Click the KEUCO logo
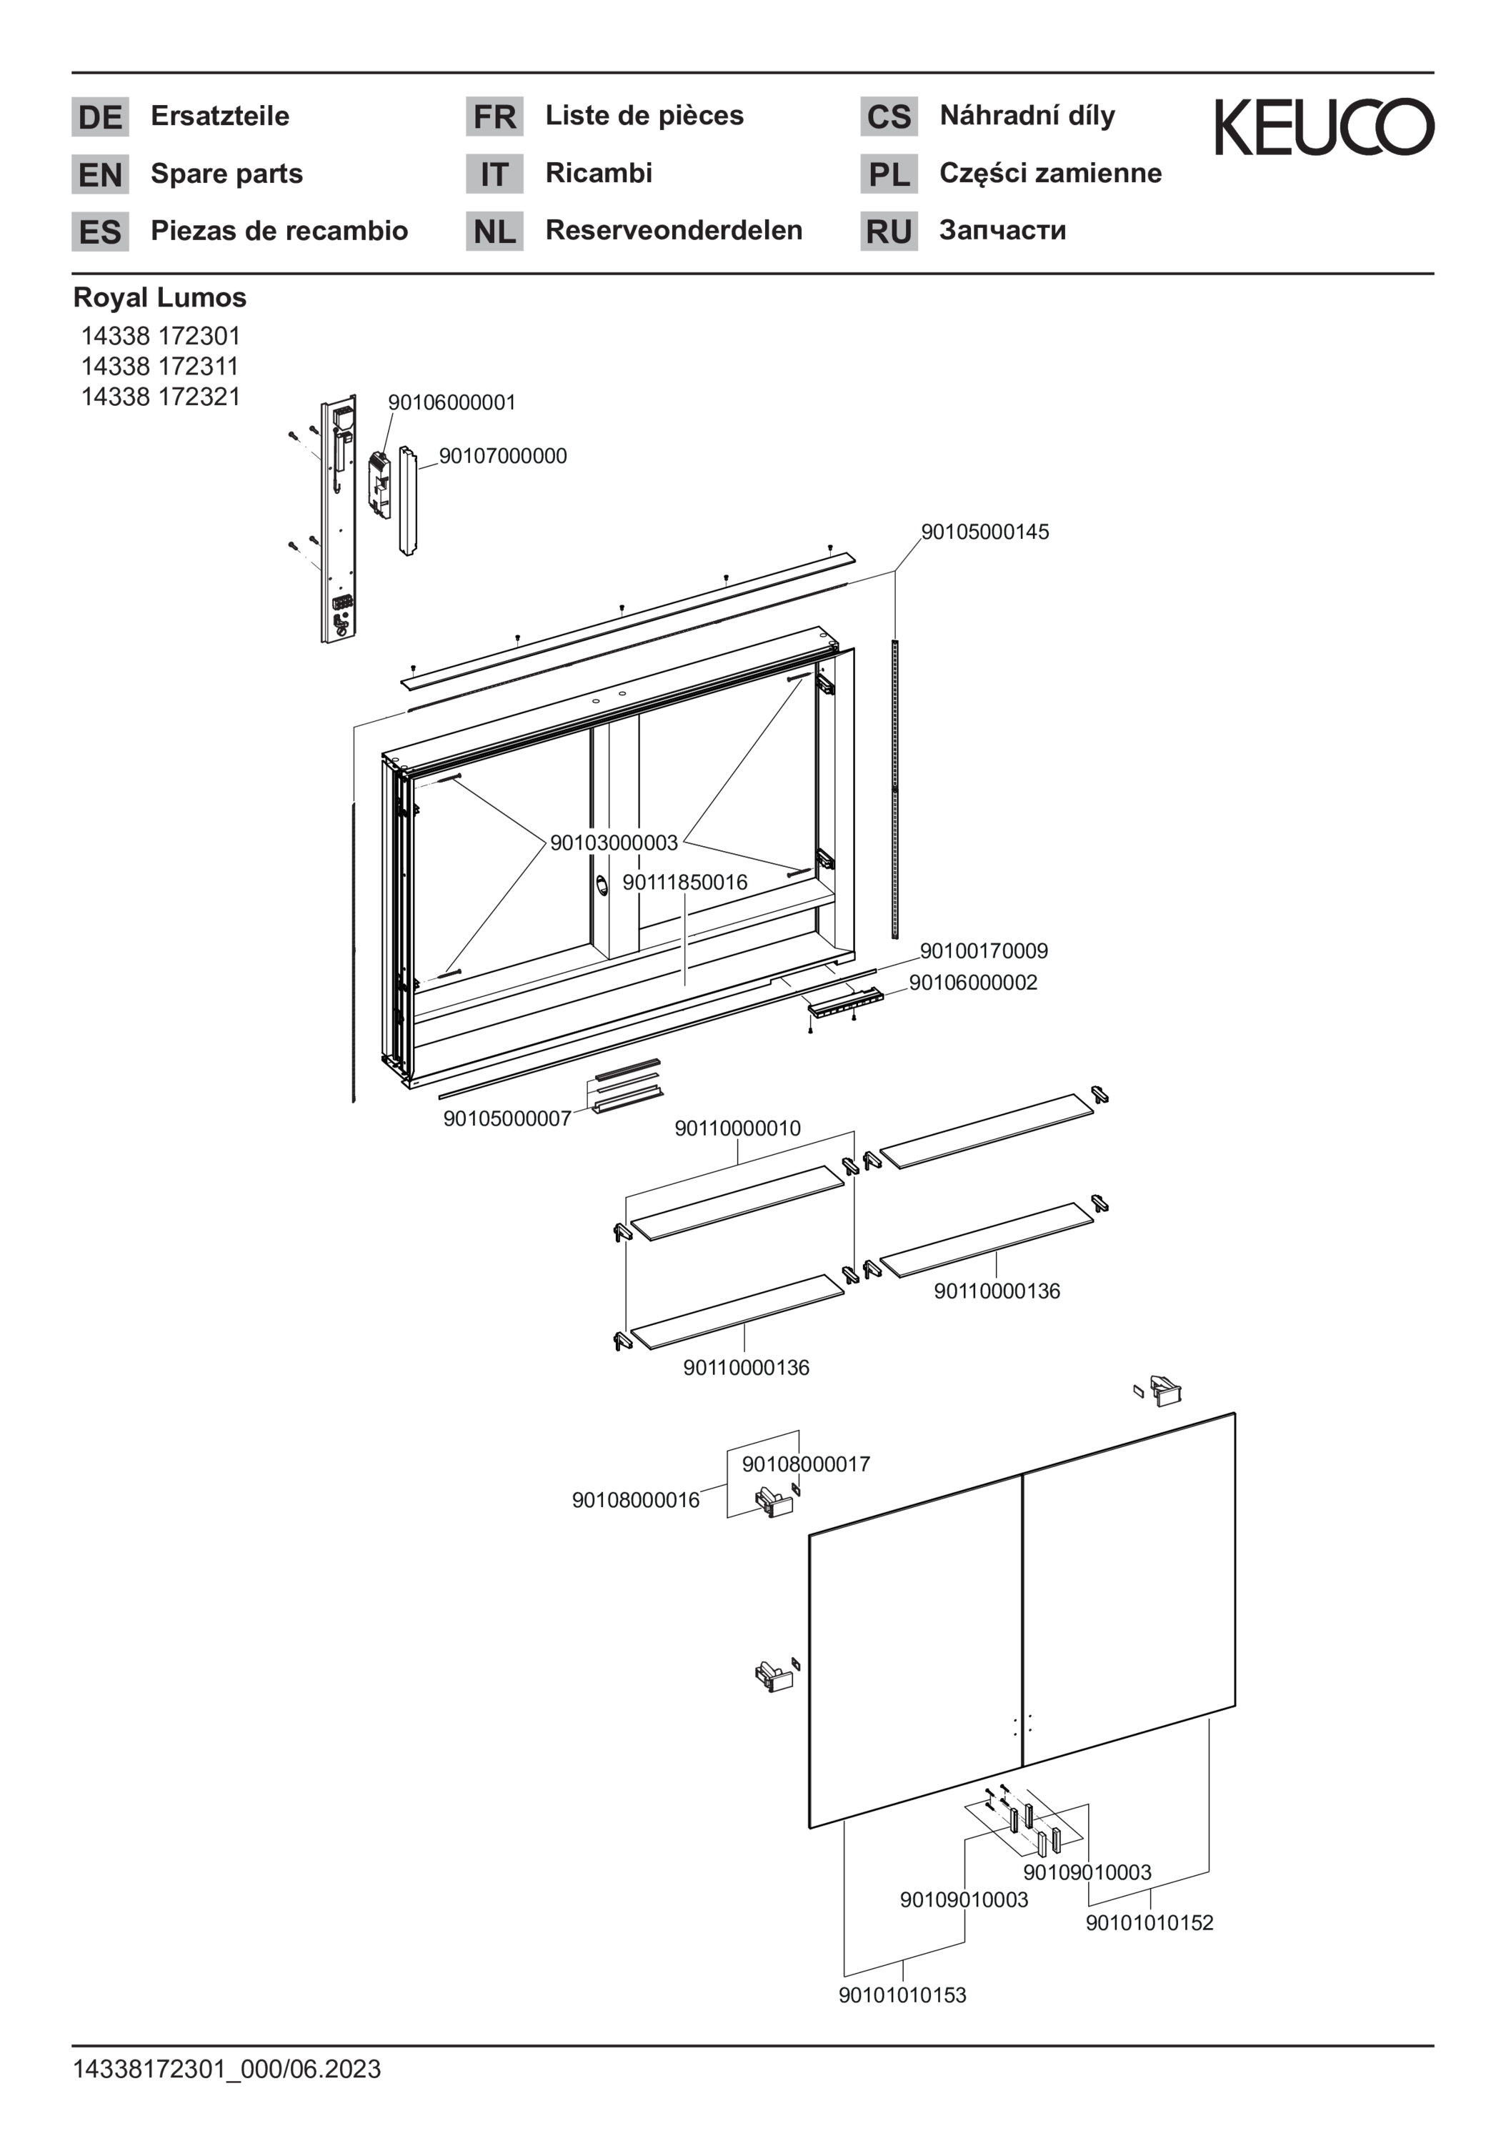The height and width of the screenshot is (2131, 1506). [x=1324, y=127]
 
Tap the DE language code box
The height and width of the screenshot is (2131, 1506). [x=100, y=117]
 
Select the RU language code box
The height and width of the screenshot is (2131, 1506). [x=889, y=231]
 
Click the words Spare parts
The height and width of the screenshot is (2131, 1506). [x=226, y=174]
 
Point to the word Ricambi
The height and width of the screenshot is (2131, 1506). [x=599, y=173]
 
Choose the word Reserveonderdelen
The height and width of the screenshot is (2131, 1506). [x=673, y=230]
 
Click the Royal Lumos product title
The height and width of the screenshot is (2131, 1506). [x=159, y=298]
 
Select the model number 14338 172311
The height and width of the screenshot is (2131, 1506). [x=159, y=366]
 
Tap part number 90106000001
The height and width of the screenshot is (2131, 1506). [x=451, y=403]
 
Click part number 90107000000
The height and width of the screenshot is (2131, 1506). [x=503, y=456]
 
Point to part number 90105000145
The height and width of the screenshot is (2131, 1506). [x=984, y=532]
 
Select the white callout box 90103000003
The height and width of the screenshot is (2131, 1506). [x=614, y=843]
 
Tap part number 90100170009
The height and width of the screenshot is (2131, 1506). [x=984, y=950]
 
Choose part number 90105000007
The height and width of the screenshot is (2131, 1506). [x=507, y=1118]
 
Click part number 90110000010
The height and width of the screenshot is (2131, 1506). [x=737, y=1128]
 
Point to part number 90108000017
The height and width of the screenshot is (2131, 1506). [x=805, y=1464]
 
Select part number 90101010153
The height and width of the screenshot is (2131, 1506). [x=902, y=1995]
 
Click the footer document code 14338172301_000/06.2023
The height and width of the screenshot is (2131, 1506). [x=226, y=2069]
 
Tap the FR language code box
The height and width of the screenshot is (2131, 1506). [x=494, y=117]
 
